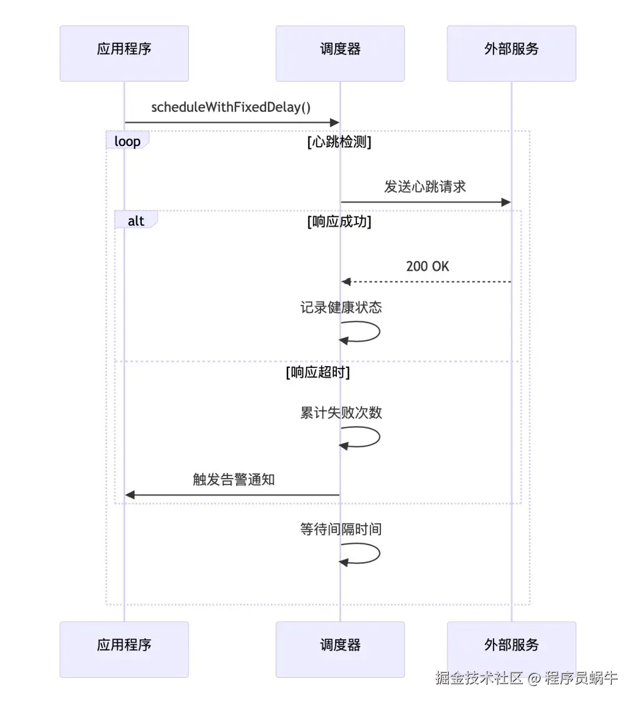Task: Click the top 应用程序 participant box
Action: (124, 53)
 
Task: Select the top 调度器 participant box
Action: (340, 53)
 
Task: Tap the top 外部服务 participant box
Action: (511, 53)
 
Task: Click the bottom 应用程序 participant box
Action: (124, 649)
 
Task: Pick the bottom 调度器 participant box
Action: (340, 649)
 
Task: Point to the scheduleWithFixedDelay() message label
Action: (231, 107)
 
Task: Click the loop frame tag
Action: (127, 141)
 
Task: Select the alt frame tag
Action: (136, 221)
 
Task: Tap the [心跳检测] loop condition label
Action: (339, 142)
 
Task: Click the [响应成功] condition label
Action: (339, 221)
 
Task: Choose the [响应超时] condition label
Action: (318, 372)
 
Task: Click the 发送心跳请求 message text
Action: (425, 187)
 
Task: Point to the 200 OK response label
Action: (428, 266)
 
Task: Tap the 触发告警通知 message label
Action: (234, 479)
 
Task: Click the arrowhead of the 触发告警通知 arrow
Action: (130, 495)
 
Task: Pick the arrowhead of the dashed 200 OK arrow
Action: (346, 282)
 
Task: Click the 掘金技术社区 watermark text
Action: (479, 678)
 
